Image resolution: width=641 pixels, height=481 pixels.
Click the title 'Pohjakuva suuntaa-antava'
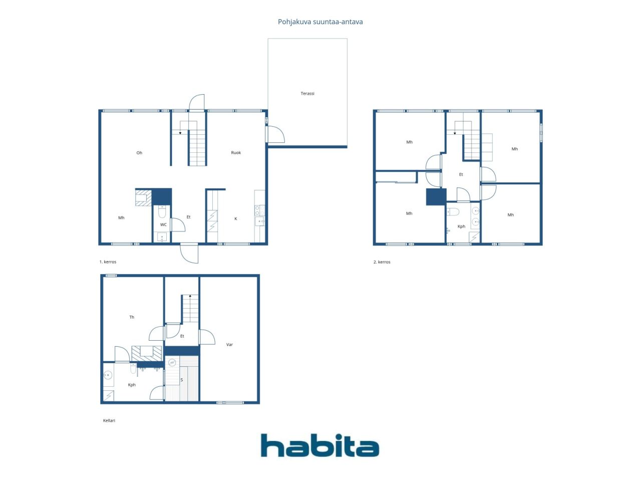point(320,22)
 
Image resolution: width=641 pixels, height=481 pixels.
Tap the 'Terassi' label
point(307,94)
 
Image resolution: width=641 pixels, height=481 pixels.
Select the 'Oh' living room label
point(139,153)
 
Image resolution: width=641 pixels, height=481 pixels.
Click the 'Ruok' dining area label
point(236,153)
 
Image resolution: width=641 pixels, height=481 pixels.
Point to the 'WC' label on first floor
point(163,225)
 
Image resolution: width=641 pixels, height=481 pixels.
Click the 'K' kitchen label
point(236,219)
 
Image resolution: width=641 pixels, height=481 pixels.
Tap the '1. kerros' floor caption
point(108,262)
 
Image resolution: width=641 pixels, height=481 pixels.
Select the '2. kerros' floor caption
point(382,262)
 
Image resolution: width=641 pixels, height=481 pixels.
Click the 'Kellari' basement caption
point(109,421)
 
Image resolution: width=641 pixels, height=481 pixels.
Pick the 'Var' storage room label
point(229,345)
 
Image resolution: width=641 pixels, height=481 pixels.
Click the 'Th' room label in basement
point(132,317)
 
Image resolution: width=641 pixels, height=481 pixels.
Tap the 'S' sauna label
point(181,380)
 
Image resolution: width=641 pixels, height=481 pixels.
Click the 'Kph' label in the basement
point(132,385)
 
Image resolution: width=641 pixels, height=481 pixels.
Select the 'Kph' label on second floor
point(461,226)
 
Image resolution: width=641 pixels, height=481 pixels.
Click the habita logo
point(319,445)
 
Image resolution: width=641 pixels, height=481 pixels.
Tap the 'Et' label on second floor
point(461,175)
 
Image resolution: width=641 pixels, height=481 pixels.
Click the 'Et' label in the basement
point(182,336)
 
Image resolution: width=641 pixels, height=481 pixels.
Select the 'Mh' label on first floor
point(121,218)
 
